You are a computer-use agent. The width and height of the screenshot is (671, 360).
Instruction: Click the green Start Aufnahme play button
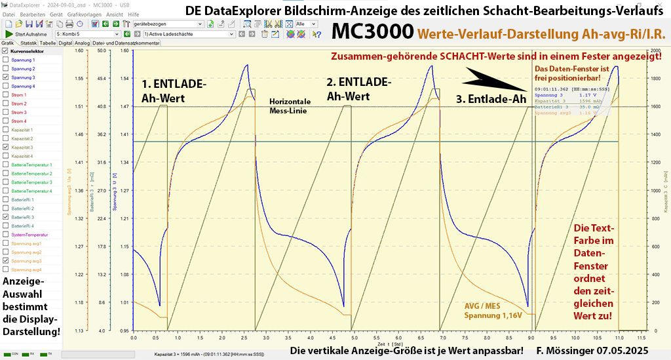9,33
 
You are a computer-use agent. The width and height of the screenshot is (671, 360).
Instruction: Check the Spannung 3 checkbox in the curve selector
6,77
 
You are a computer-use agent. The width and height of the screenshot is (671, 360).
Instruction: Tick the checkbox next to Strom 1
6,95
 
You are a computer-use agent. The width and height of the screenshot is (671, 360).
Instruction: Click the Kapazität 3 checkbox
6,148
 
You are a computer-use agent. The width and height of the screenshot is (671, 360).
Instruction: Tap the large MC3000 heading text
372,31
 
